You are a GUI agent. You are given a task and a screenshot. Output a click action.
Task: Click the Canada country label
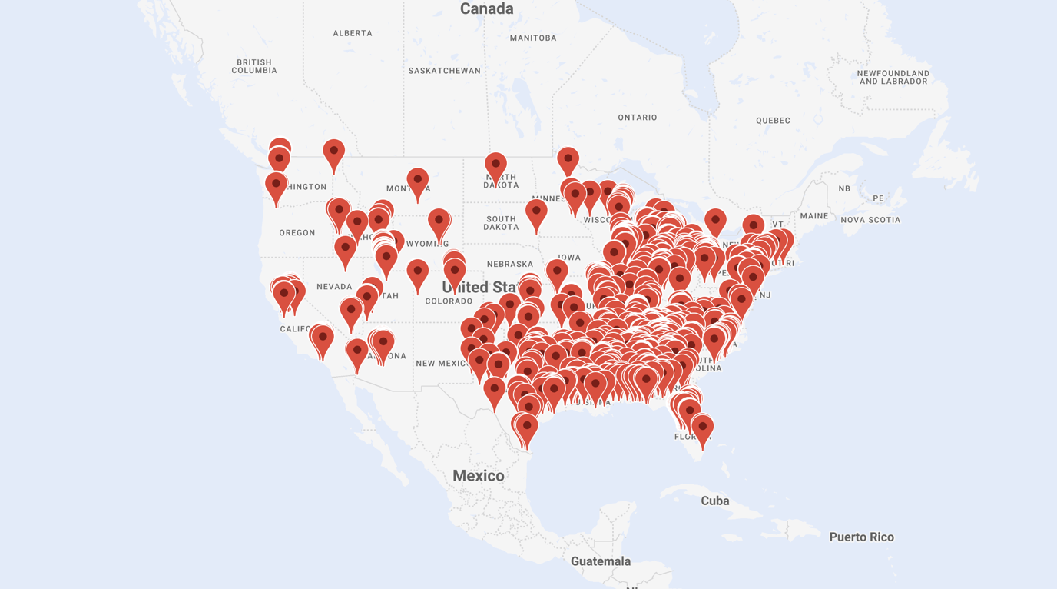486,9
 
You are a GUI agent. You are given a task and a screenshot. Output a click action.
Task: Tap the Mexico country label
478,476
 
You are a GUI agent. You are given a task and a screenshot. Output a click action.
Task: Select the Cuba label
714,501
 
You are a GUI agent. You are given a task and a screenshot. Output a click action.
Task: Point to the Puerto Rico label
861,537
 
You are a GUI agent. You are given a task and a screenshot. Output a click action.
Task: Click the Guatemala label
600,562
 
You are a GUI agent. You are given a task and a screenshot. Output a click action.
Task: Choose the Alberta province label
353,33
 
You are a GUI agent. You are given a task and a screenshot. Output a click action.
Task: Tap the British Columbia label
254,66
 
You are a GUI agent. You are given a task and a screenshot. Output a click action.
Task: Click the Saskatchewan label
444,71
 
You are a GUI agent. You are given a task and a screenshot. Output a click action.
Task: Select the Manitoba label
532,38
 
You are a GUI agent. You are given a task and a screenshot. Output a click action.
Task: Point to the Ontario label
638,118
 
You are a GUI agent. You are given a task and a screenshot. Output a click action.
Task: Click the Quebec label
773,121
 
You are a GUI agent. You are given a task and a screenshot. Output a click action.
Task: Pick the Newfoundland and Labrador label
893,77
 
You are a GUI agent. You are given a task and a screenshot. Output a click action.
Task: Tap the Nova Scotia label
870,220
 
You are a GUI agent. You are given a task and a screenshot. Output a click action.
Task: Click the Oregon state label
297,233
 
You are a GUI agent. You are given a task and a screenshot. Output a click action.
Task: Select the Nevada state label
334,287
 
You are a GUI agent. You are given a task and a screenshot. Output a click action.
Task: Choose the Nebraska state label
510,265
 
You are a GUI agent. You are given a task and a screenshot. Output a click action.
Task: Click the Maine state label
814,216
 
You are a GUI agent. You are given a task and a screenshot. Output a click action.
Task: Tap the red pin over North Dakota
495,165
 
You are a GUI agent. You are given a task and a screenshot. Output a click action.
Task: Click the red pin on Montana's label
417,181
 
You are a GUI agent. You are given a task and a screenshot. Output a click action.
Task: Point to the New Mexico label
441,364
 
